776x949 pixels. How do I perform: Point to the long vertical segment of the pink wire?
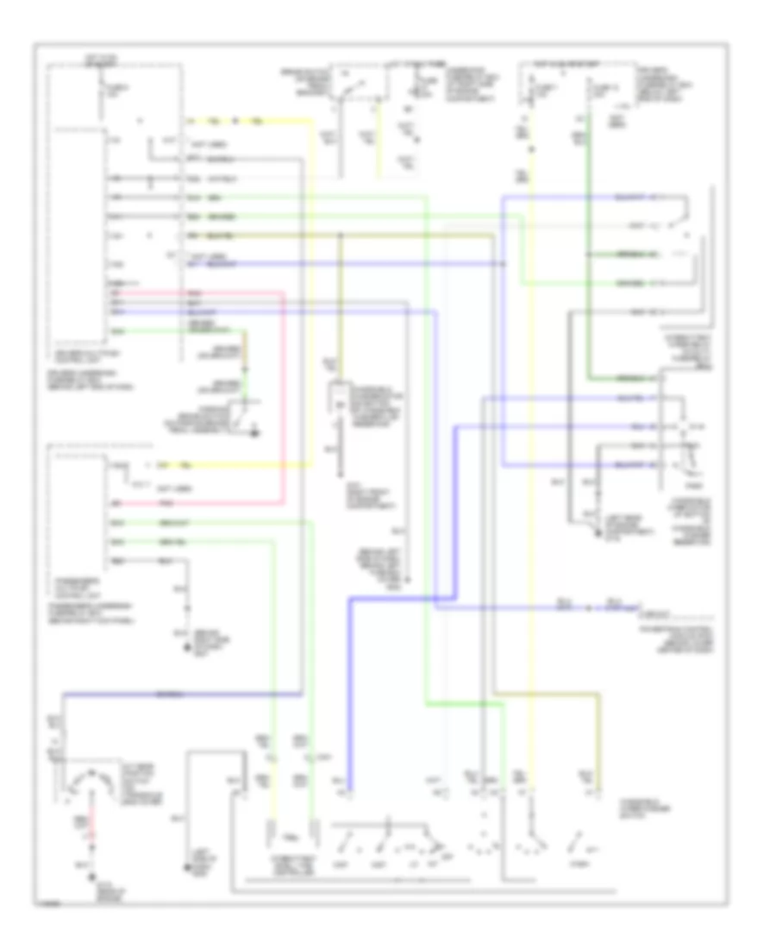point(284,397)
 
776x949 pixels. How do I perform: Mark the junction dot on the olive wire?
point(340,235)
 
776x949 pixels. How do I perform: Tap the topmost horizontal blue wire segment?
point(586,198)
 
